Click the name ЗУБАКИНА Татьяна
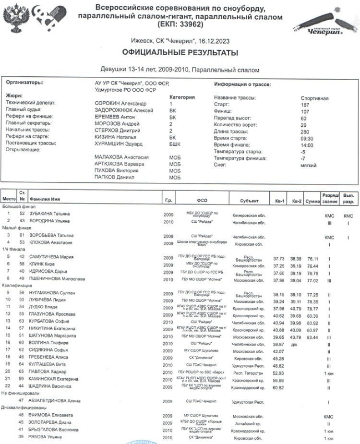53,212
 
